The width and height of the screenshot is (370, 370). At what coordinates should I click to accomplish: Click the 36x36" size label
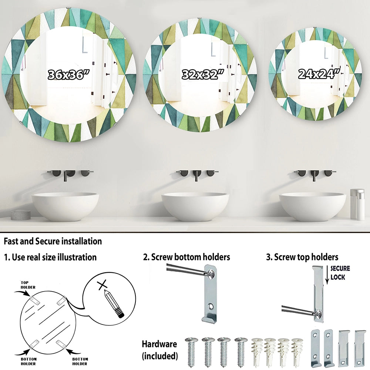[69, 75]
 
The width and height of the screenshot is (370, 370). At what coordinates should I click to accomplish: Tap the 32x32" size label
[203, 75]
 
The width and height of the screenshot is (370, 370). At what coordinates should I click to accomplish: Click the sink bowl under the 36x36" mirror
[65, 206]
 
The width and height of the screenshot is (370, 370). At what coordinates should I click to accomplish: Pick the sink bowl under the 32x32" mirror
[195, 206]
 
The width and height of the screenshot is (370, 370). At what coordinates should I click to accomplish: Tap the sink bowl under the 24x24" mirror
[313, 206]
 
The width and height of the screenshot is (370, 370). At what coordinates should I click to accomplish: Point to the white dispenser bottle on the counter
[357, 204]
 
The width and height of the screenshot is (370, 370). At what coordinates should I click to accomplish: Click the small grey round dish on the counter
[21, 214]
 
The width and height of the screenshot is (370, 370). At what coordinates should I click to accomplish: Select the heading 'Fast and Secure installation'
[53, 241]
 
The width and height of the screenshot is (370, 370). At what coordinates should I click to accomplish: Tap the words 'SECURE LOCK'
[340, 273]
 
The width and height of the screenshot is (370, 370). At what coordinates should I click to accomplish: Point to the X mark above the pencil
[102, 285]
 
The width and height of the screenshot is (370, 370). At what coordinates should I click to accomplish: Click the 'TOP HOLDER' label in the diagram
[28, 285]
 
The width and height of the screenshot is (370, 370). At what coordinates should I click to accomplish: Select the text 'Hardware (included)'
[159, 350]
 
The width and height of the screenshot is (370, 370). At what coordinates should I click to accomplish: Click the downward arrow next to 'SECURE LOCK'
[327, 275]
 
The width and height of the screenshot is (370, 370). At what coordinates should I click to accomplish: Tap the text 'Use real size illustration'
[54, 257]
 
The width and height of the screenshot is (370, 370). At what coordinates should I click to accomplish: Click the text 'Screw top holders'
[306, 257]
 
